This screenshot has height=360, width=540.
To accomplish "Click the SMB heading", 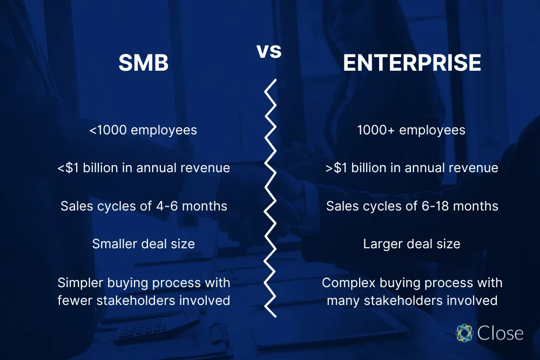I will pos(144,63).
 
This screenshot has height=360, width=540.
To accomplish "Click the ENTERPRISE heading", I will pos(412,63).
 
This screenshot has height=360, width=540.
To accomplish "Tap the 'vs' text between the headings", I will pos(269,52).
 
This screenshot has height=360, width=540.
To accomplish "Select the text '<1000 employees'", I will pos(144,130).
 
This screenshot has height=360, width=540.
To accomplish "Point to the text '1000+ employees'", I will pos(411,130).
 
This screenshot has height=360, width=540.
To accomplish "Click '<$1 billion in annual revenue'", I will pos(144,168).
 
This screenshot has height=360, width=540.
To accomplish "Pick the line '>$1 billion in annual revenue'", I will pos(411,168).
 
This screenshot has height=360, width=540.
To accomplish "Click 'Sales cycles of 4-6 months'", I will pos(144,206).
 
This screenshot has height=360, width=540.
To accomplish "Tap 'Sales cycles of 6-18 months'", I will pos(411,206).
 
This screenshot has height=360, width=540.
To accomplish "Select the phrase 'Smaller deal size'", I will pos(144,244).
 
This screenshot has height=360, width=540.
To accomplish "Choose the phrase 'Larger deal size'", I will pos(411,244).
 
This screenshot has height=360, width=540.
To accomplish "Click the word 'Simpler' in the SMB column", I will pos(81,283).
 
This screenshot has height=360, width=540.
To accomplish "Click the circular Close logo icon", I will pos(464,333).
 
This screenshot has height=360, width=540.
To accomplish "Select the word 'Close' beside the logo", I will pos(500,333).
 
